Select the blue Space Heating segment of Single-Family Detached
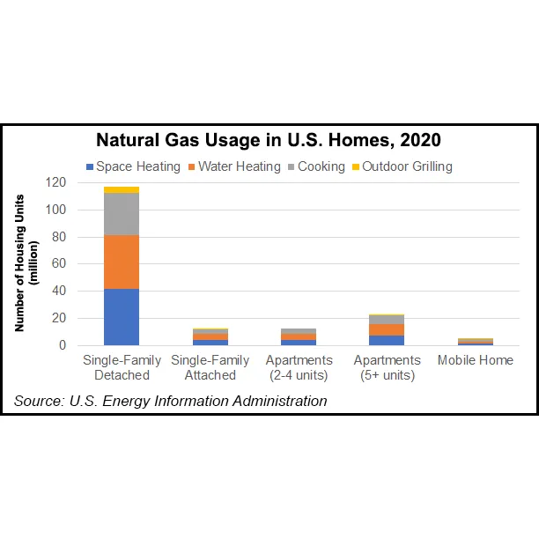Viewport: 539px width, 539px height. (122, 317)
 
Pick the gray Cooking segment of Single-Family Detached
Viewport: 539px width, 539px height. (122, 214)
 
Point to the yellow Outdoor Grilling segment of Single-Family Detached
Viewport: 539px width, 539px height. (122, 189)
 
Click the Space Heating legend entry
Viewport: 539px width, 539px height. (132, 166)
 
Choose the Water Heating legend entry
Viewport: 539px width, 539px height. (233, 166)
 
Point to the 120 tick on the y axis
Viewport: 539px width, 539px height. (55, 182)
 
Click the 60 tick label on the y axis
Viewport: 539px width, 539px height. (59, 263)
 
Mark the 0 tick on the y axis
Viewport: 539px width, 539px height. (63, 345)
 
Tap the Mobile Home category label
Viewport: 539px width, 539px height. (476, 361)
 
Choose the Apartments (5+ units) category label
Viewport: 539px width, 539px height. (387, 368)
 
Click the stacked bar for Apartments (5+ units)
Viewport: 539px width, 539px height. (387, 330)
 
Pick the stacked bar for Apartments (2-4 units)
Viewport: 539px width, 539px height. (299, 336)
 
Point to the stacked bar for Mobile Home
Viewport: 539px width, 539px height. (476, 342)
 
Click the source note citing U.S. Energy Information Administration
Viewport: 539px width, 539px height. (171, 402)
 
